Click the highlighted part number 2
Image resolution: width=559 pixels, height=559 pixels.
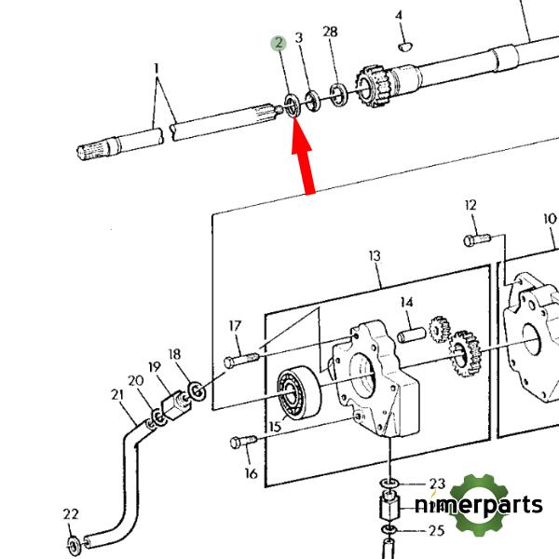[278, 44]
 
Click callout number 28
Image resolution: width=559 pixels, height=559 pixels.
[330, 34]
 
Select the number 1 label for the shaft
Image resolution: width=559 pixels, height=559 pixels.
[157, 68]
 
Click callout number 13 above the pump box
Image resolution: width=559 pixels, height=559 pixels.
[375, 256]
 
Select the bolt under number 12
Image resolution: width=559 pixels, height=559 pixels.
[472, 241]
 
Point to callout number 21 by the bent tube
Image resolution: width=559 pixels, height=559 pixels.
[117, 396]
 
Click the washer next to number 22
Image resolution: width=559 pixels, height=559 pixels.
[73, 541]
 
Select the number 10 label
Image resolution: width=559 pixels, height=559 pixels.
[550, 220]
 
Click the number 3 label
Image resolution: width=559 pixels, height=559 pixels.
[299, 38]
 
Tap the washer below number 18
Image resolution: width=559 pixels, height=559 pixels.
[197, 389]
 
